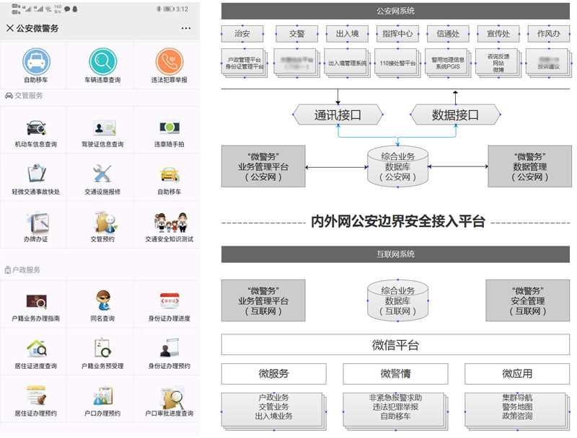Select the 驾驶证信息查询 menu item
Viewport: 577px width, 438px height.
click(x=102, y=134)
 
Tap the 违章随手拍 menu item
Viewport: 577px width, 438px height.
click(x=169, y=134)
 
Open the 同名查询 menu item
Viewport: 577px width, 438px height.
click(x=102, y=306)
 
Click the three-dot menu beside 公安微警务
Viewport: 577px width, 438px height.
click(x=186, y=28)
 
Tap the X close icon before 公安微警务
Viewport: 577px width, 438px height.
click(x=9, y=28)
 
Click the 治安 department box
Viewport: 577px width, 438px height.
click(x=243, y=34)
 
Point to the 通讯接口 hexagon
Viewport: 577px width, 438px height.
click(x=337, y=115)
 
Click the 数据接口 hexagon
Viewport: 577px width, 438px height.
click(x=455, y=115)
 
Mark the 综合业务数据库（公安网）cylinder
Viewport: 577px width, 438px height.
click(x=397, y=166)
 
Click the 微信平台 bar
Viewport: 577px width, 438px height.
click(x=395, y=345)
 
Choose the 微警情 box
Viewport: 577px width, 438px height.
click(x=395, y=374)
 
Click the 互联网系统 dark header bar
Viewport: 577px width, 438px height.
click(x=395, y=254)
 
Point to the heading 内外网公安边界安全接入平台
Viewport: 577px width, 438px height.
click(x=397, y=221)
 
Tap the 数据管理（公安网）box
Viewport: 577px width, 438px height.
click(x=530, y=166)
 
